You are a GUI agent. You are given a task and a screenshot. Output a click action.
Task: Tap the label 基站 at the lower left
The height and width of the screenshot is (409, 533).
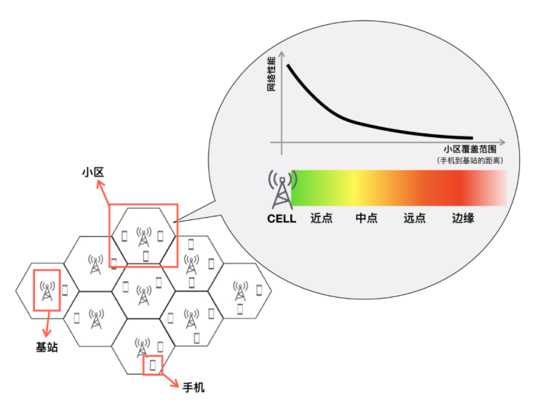[x=46, y=347]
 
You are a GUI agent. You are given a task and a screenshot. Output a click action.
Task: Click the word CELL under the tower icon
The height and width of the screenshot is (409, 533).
[x=281, y=219]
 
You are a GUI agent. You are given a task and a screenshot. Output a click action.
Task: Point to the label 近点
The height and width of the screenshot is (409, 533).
[x=321, y=219]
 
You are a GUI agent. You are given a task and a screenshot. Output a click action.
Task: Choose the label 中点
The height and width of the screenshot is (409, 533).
[x=366, y=219]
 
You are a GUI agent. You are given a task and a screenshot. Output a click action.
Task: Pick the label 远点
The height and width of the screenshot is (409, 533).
[x=414, y=219]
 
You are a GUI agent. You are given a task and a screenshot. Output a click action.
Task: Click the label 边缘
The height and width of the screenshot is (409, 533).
[x=463, y=219]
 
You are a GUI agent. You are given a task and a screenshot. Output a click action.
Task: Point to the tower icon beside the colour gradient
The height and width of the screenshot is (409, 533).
[x=280, y=190]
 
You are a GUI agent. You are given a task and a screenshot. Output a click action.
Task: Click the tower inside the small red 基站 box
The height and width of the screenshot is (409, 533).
[x=46, y=291]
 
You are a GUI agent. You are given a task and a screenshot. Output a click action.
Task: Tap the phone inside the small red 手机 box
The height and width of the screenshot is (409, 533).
[x=154, y=364]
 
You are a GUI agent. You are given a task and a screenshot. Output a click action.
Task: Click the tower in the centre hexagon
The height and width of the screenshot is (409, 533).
[x=142, y=292]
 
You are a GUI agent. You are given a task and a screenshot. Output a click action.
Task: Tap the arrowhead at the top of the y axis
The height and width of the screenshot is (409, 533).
[x=282, y=53]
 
